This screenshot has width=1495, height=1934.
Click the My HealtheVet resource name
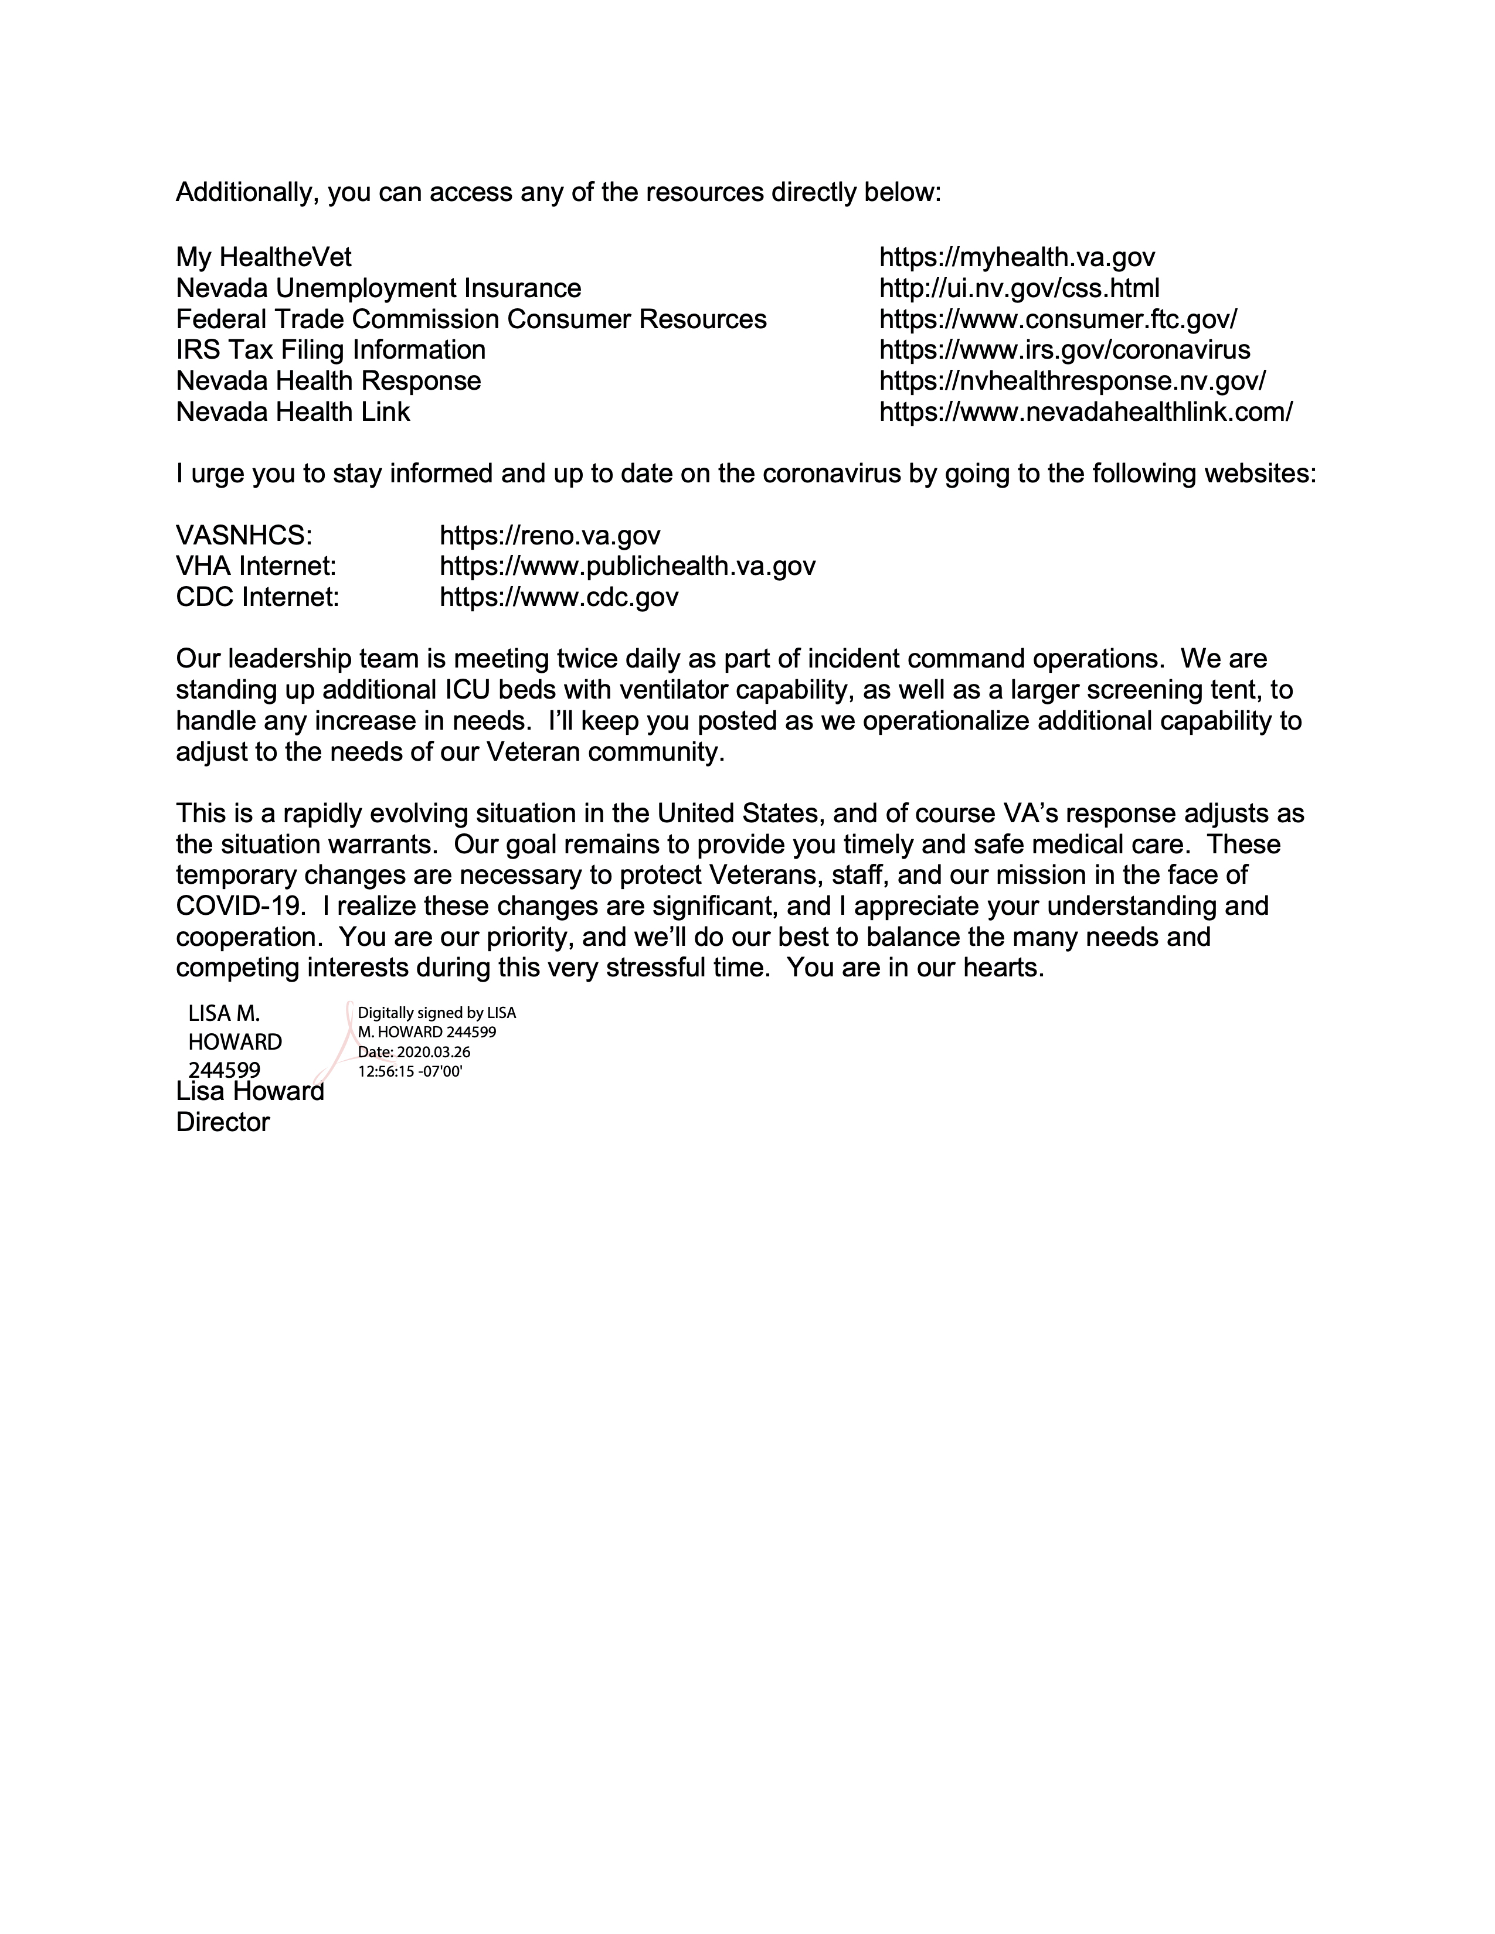point(263,258)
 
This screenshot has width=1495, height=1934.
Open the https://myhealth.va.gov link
point(1017,258)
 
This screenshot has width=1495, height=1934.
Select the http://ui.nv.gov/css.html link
point(1018,289)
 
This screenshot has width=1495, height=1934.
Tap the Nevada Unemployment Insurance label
point(378,289)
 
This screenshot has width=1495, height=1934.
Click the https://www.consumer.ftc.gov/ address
point(1058,319)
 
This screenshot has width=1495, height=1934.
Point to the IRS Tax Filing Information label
point(330,350)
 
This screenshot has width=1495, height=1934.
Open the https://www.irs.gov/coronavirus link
point(1065,350)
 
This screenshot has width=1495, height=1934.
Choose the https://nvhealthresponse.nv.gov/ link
point(1072,382)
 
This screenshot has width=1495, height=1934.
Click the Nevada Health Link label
point(293,413)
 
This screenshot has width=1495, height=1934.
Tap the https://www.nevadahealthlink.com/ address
point(1086,413)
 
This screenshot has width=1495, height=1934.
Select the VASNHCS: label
point(243,536)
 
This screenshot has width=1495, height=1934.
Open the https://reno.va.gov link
point(550,536)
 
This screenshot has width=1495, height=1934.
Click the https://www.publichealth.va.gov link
point(627,567)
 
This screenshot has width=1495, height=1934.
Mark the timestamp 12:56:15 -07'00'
point(410,1071)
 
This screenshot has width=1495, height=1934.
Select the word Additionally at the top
point(245,193)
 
